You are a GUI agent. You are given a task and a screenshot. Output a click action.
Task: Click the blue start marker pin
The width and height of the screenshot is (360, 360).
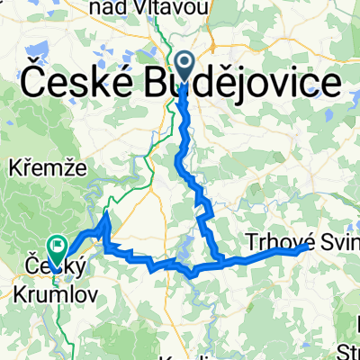185,65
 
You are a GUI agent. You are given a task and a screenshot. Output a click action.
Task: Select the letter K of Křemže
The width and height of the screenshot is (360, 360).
12,168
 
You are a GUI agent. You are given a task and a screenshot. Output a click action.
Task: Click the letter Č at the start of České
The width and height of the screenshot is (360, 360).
28,86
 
